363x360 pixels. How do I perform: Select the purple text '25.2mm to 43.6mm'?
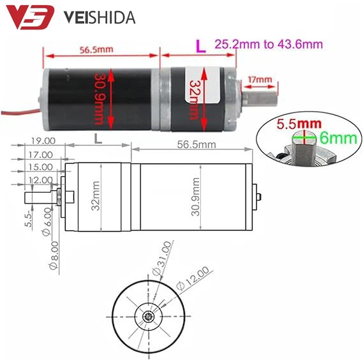[268, 45]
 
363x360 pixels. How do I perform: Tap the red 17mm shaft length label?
[260, 80]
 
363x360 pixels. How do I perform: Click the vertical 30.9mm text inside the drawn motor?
[196, 197]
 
